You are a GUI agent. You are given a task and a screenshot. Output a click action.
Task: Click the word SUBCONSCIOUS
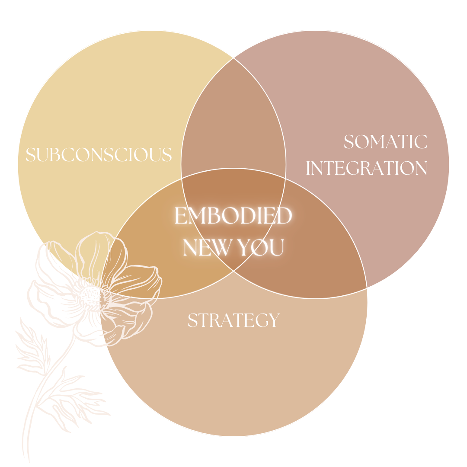99,155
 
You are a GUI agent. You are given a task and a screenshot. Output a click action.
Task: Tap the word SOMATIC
385,142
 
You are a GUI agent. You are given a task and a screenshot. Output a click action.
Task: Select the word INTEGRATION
367,168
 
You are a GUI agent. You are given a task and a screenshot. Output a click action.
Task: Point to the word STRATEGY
233,320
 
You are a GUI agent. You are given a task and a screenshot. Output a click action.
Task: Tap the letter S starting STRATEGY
192,320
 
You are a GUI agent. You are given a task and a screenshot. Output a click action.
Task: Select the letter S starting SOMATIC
349,142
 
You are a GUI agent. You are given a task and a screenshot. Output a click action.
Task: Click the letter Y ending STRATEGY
274,320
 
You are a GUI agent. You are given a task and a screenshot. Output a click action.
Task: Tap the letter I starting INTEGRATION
308,168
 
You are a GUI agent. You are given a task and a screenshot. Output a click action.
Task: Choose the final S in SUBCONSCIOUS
167,155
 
